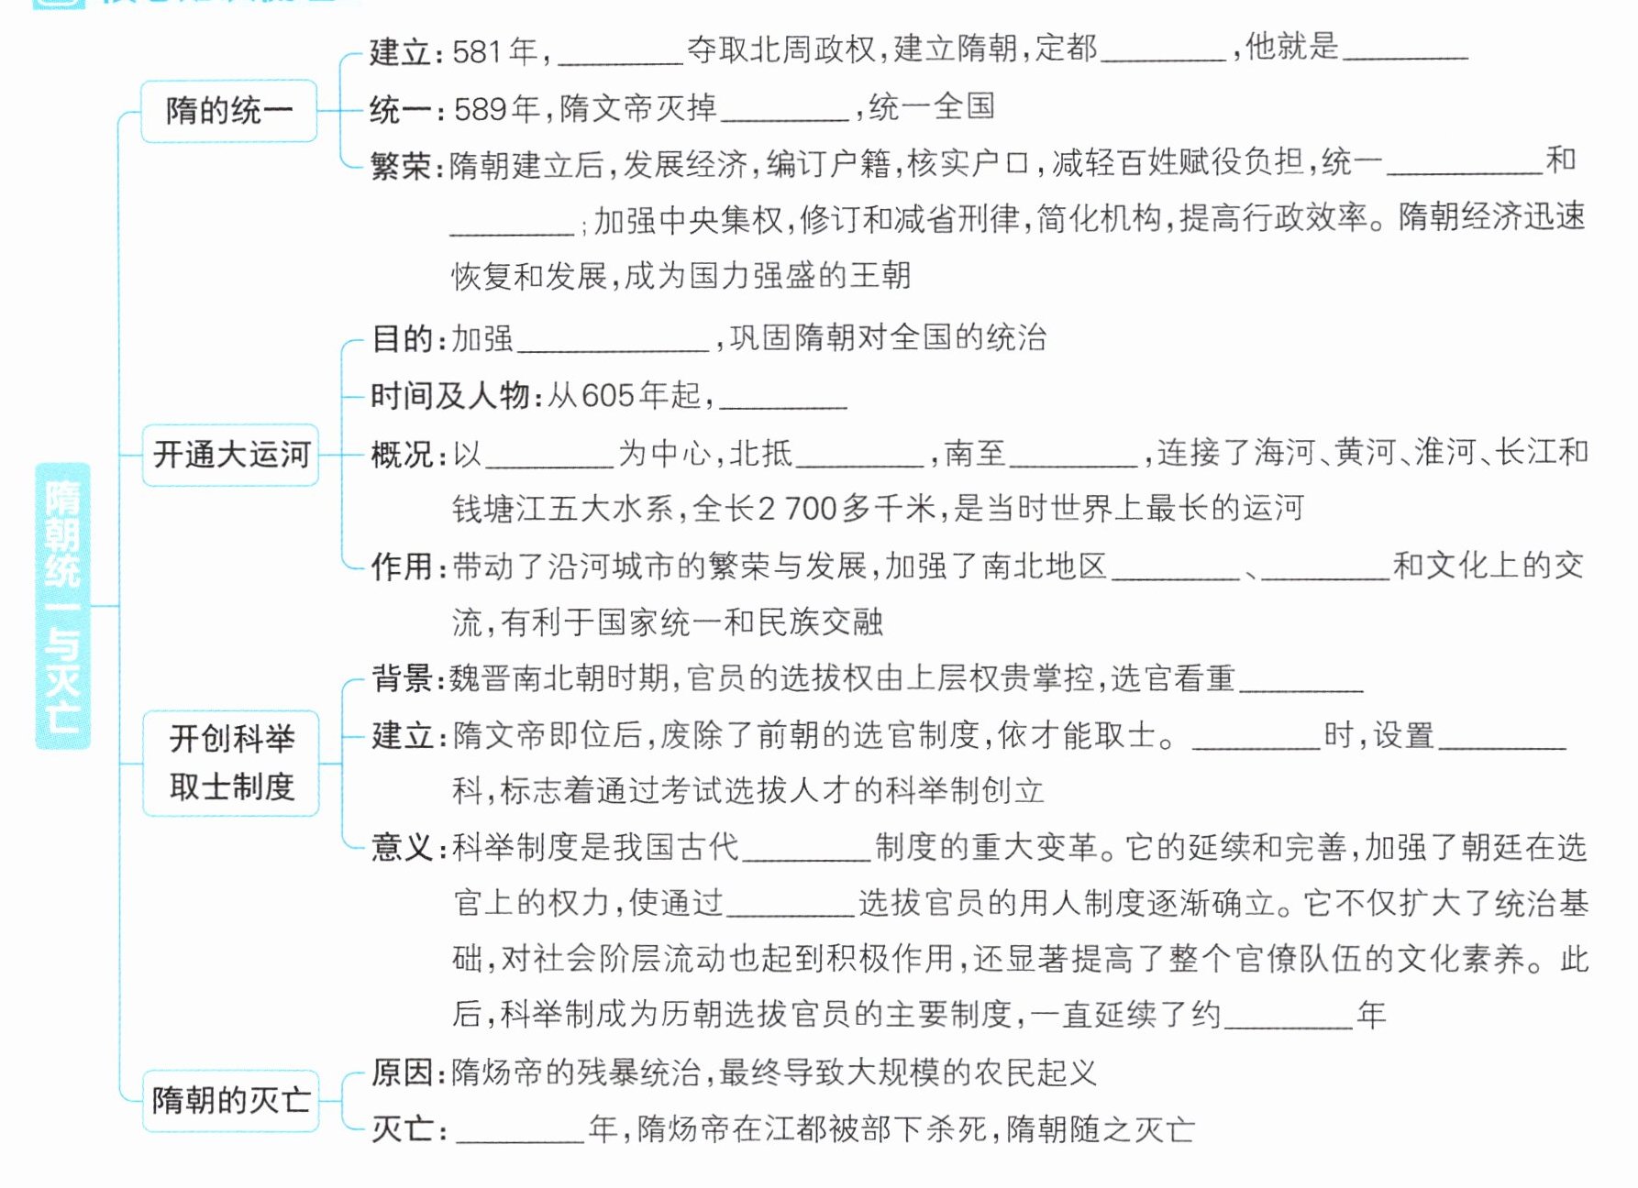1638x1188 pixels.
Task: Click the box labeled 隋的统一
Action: (228, 111)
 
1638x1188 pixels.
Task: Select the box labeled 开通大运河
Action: (230, 455)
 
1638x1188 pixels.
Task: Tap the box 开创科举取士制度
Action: (230, 763)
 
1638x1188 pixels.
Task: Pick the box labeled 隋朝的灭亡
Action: (230, 1100)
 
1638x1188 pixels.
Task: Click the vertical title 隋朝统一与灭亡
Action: (62, 606)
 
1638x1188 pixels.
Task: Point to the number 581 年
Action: (495, 51)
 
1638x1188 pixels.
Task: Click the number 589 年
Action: (496, 109)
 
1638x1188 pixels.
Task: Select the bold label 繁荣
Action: (400, 166)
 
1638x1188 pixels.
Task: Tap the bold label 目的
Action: (402, 339)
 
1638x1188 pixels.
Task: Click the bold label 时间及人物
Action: (449, 396)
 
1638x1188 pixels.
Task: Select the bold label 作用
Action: (402, 566)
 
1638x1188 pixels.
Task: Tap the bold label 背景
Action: (402, 679)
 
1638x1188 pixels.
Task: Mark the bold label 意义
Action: (402, 847)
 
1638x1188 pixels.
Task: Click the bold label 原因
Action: (402, 1072)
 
